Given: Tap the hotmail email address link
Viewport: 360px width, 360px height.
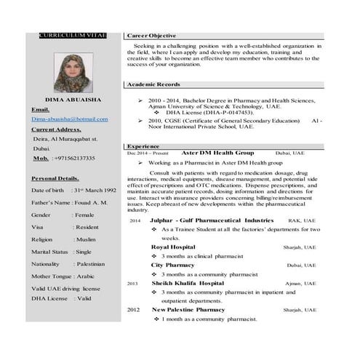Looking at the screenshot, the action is (x=69, y=119).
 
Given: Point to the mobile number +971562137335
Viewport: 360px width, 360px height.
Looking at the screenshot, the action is (x=75, y=157).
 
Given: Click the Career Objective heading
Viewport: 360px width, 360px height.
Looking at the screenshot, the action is (x=151, y=35).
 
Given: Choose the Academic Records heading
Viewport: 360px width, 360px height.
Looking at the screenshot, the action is (x=153, y=84).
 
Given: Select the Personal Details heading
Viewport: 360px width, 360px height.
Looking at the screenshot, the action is (x=55, y=178).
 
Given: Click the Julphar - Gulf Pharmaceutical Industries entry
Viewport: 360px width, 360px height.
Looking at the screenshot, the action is (x=212, y=220).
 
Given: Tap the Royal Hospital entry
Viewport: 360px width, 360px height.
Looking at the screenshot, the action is (x=173, y=247).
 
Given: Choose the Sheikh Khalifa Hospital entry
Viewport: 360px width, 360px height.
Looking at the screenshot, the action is (x=188, y=283).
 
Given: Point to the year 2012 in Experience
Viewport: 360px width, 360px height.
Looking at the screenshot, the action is (x=133, y=310).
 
